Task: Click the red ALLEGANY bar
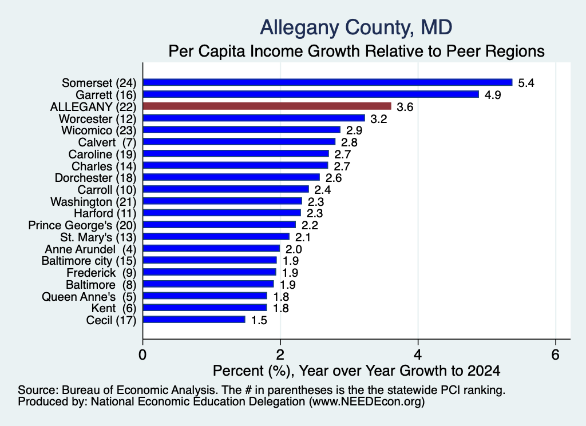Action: (x=267, y=106)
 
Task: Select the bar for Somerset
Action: (x=327, y=82)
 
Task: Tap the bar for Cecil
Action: (x=194, y=320)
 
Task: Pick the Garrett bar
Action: (x=311, y=94)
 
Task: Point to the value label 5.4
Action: (x=526, y=83)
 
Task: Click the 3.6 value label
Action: (x=405, y=107)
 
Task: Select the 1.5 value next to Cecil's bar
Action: (x=259, y=320)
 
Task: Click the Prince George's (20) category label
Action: (x=82, y=225)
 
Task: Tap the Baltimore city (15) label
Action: (x=89, y=261)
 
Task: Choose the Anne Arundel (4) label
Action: (x=90, y=249)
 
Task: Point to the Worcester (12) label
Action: (x=97, y=119)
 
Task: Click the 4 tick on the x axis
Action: (x=418, y=355)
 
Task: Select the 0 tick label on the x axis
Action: (x=142, y=355)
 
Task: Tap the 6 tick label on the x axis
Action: (x=555, y=355)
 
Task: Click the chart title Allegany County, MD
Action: (x=356, y=27)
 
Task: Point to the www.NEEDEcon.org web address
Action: (x=366, y=402)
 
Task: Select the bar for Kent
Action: (x=205, y=308)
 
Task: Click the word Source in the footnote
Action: (x=38, y=390)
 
